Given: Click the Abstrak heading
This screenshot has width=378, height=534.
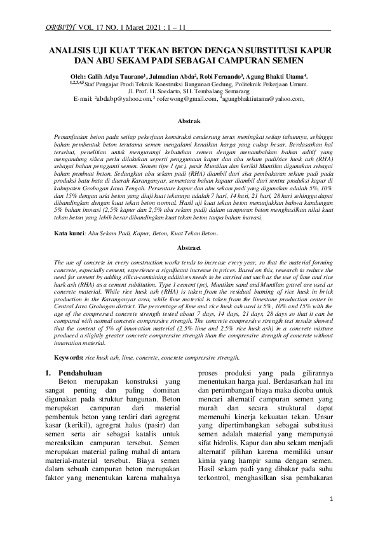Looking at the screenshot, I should pyautogui.click(x=189, y=120).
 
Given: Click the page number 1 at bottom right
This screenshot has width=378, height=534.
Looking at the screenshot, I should pyautogui.click(x=332, y=518).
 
